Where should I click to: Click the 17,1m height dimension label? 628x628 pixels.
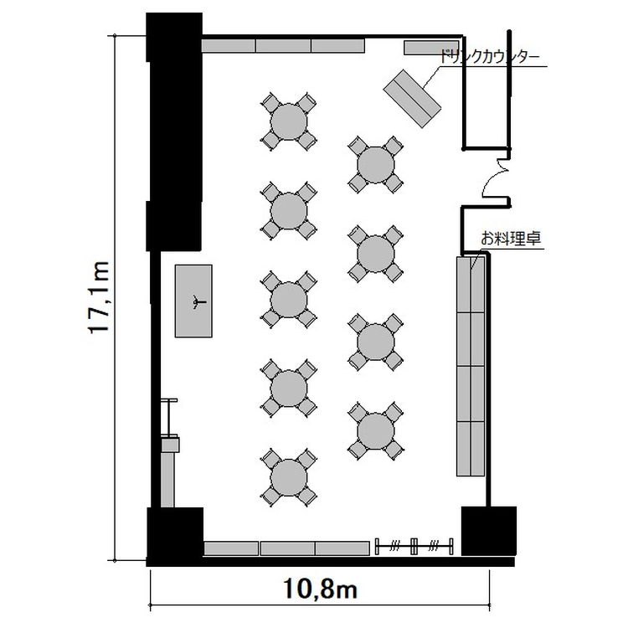(x=99, y=297)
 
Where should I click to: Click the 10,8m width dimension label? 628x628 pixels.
(x=321, y=589)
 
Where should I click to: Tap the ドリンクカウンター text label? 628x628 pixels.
(x=490, y=57)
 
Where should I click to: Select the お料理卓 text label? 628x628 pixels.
(x=511, y=239)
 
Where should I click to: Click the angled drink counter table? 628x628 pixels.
(x=412, y=99)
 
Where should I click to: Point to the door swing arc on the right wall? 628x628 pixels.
(x=496, y=178)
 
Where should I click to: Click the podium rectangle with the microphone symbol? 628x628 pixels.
(x=193, y=301)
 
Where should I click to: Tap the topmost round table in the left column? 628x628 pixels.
(x=289, y=121)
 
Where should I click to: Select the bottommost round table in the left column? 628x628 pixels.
(x=289, y=478)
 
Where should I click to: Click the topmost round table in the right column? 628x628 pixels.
(x=376, y=165)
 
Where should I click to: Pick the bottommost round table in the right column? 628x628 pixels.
(x=376, y=431)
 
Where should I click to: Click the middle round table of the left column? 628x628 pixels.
(x=289, y=300)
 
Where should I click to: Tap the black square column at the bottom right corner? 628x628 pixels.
(x=489, y=531)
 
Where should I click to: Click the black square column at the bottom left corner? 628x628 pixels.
(x=175, y=533)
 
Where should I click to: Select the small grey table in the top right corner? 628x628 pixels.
(x=431, y=47)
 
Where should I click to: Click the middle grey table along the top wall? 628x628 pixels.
(x=284, y=46)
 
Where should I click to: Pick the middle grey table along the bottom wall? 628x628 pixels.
(x=288, y=548)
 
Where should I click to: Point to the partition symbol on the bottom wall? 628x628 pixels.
(x=414, y=546)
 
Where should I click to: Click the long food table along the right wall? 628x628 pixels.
(x=471, y=366)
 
